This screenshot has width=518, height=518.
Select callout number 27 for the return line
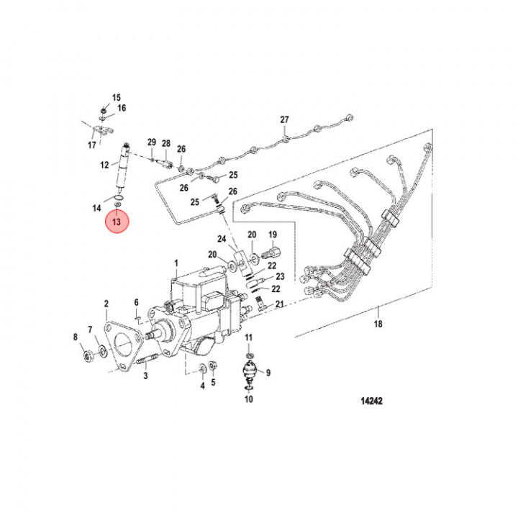pos(284,119)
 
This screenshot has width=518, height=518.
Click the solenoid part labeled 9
pos(248,399)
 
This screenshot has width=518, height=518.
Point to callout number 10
pos(248,338)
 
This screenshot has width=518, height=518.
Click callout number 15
pos(117,97)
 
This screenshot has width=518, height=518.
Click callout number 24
pos(222,239)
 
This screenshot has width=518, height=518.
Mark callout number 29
pos(152,142)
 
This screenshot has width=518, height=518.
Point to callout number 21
pos(280,304)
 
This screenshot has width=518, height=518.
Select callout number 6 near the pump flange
pos(135,302)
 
